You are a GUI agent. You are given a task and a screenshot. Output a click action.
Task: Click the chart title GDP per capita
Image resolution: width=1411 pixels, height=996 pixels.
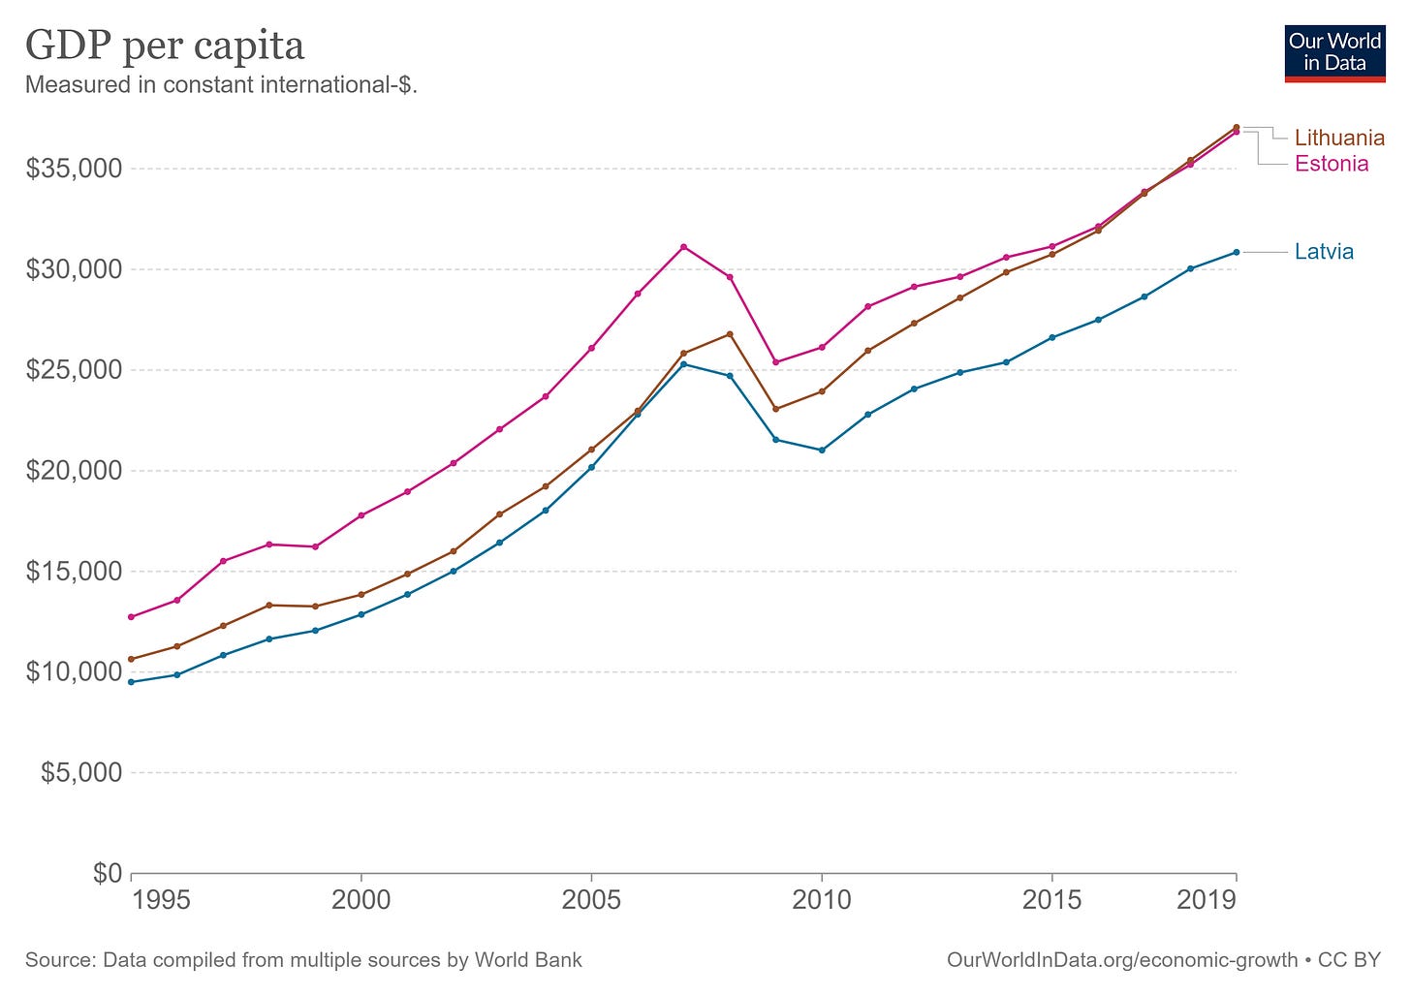(165, 46)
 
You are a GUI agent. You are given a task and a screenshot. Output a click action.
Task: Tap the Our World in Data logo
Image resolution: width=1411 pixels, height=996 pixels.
(1334, 53)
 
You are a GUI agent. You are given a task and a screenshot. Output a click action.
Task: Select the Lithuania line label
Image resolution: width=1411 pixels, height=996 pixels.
(1339, 138)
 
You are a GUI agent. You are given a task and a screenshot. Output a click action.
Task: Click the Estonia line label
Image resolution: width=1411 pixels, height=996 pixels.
(1332, 164)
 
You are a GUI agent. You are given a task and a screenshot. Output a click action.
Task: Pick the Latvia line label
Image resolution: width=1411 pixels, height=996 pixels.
(1324, 252)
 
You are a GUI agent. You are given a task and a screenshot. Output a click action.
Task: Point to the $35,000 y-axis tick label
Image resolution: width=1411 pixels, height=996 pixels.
(75, 169)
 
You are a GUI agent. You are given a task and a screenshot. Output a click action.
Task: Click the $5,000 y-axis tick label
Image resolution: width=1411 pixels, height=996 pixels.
(81, 772)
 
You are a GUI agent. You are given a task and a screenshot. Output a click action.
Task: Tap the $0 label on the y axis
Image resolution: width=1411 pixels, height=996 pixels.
(108, 873)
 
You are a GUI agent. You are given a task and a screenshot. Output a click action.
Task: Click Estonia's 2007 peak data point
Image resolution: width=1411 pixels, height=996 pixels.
(683, 247)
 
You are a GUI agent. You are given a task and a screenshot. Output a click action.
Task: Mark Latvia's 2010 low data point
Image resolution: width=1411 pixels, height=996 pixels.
(822, 451)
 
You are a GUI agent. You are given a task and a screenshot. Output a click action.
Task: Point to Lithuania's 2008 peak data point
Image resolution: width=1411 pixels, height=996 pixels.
(730, 334)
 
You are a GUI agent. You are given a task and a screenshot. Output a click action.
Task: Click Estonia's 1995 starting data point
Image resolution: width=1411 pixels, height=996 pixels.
(131, 617)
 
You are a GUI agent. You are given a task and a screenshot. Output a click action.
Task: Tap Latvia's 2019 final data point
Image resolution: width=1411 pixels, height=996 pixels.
(1236, 252)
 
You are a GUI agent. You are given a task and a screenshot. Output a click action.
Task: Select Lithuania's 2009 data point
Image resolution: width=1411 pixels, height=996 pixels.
(775, 409)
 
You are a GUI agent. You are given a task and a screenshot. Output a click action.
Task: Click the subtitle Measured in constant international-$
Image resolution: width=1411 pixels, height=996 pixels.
(221, 84)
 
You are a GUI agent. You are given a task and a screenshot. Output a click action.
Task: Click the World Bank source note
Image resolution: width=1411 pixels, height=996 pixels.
(303, 960)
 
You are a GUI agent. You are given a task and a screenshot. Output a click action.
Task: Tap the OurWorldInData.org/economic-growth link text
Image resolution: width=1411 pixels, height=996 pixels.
(1121, 960)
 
